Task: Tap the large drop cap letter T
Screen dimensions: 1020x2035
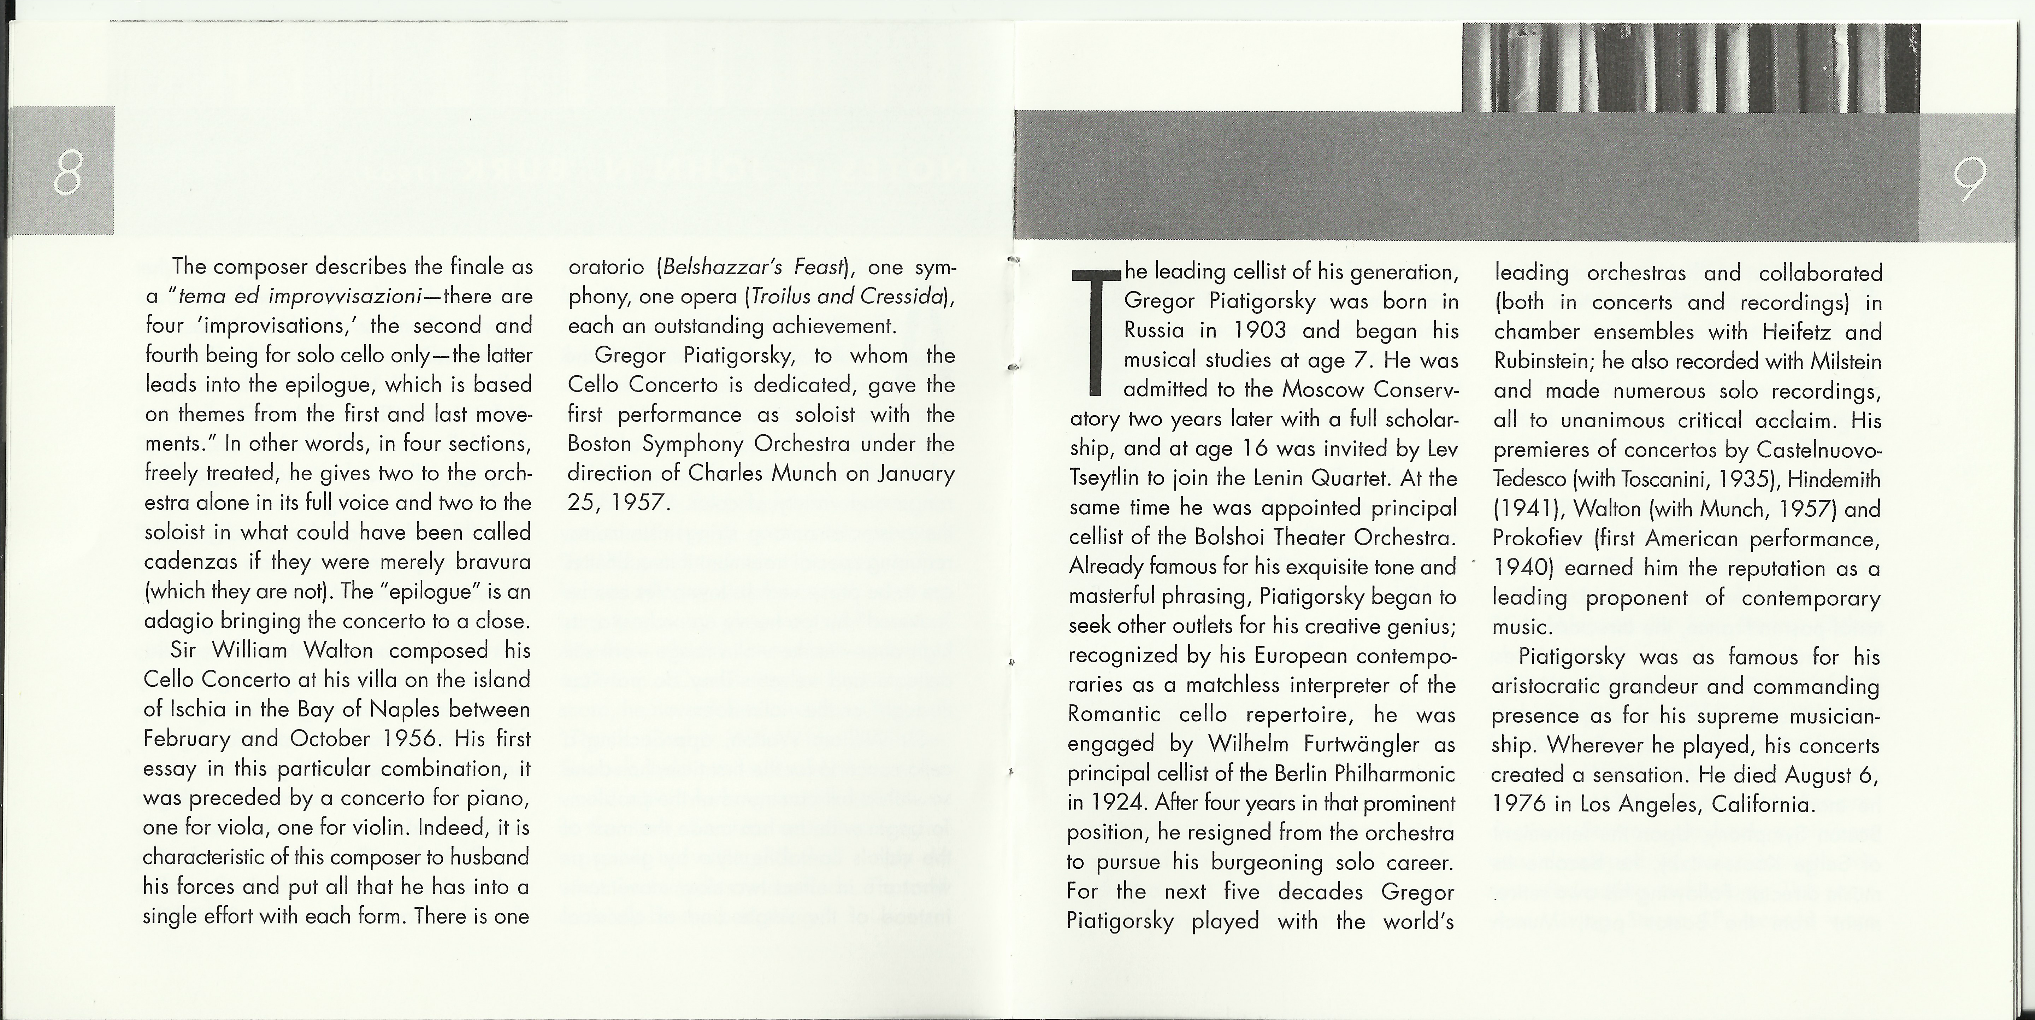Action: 1094,332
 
